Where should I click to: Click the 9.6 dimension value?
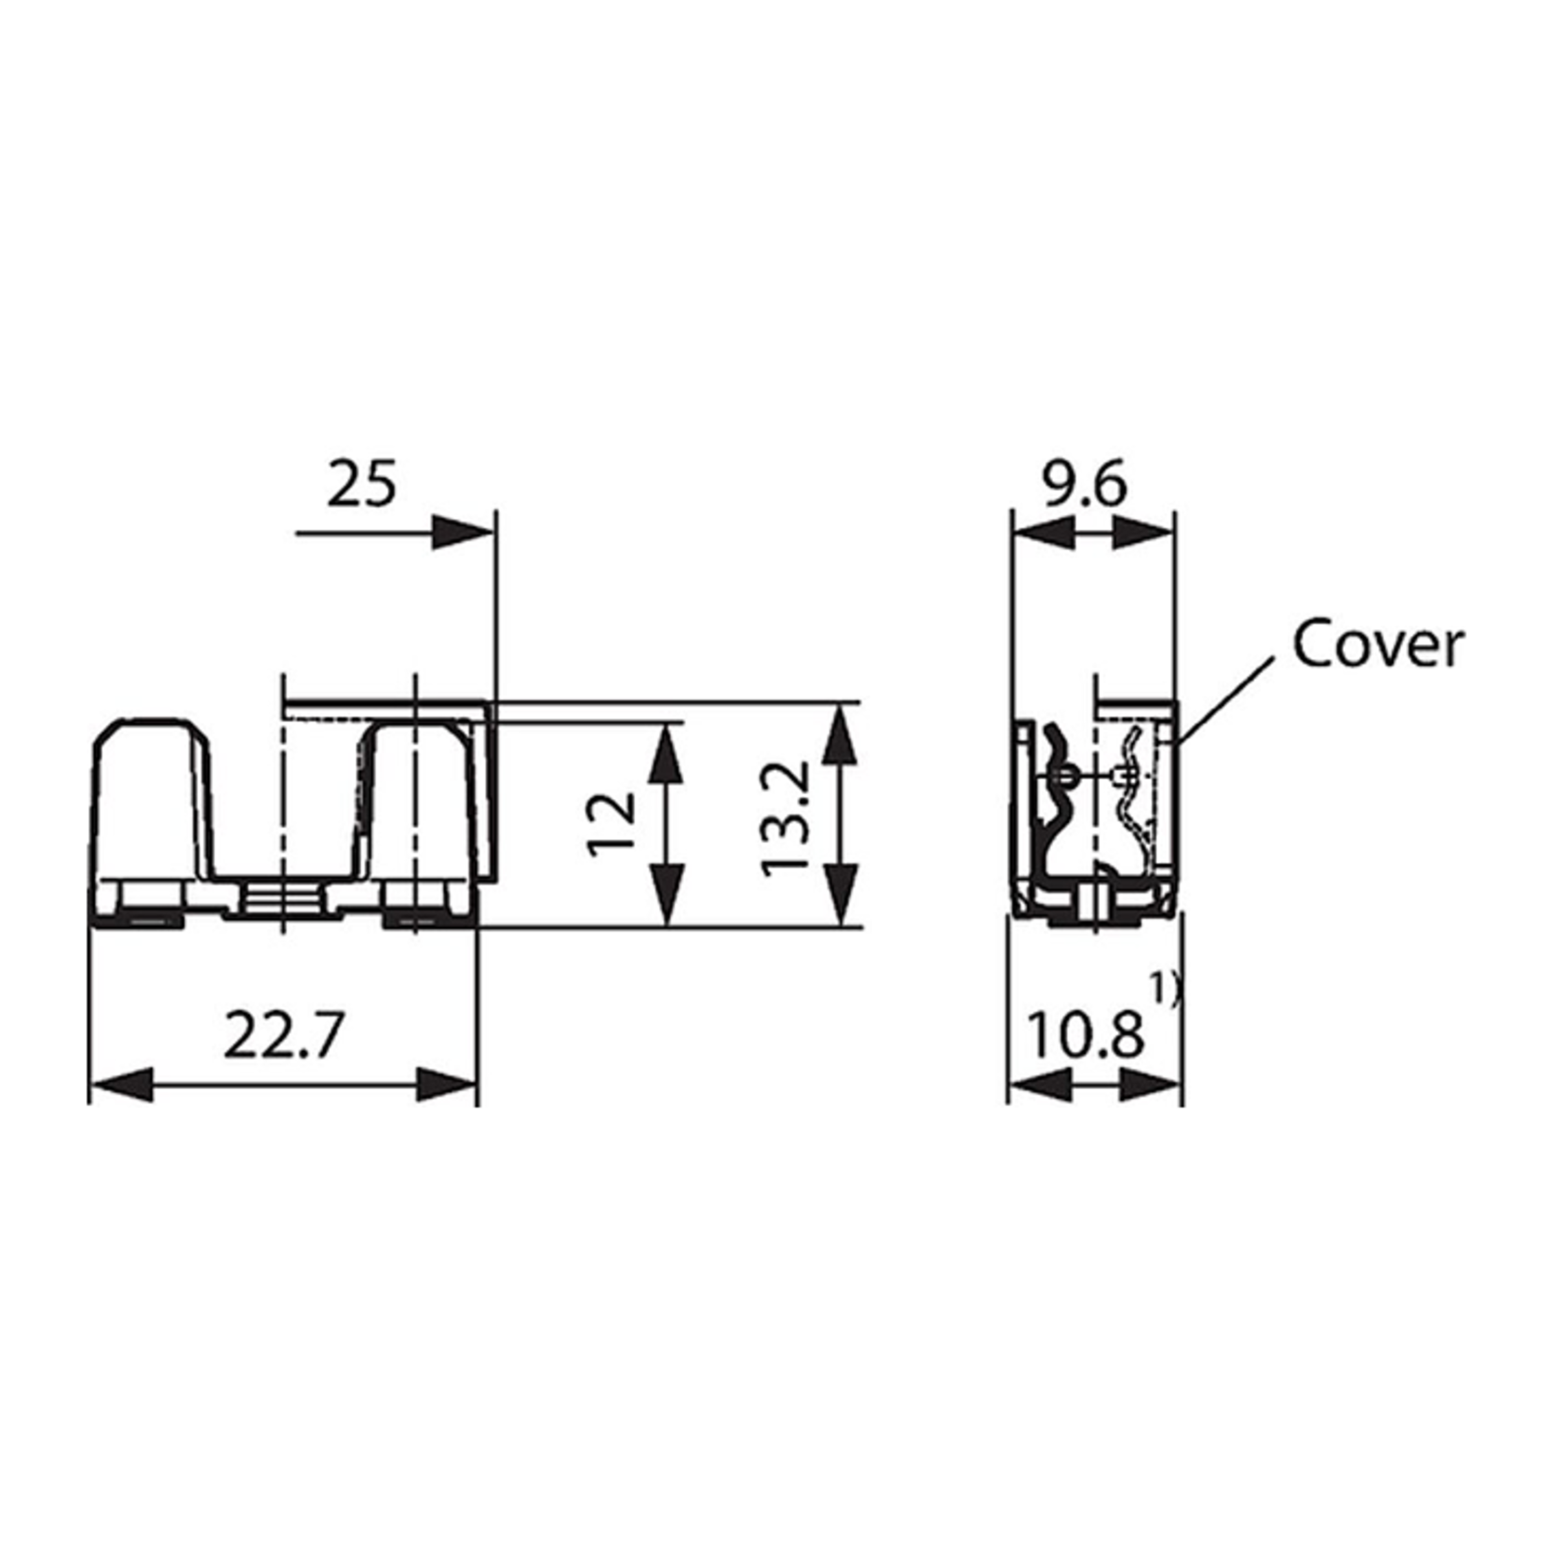pos(1086,485)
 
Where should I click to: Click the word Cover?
pos(1378,644)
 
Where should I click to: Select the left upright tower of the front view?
pos(153,796)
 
